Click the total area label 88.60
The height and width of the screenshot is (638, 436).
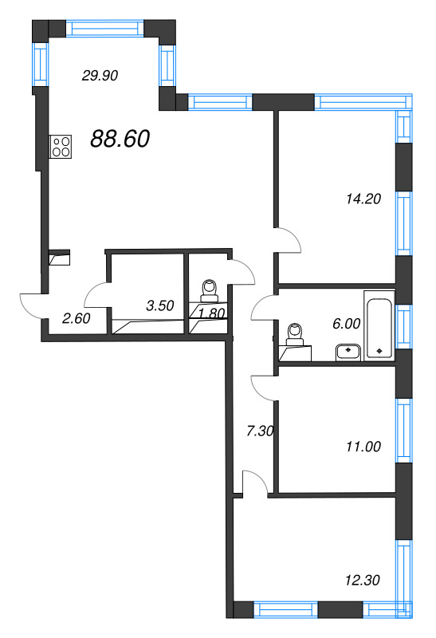pos(120,139)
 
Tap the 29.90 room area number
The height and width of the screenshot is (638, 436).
pos(100,76)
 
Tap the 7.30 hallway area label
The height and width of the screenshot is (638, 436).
pos(261,431)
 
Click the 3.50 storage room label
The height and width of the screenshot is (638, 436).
pos(160,305)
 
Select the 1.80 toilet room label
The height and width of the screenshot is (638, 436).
pos(210,313)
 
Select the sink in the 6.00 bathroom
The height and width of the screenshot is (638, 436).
pos(348,350)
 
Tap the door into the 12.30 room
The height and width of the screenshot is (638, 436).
pos(253,483)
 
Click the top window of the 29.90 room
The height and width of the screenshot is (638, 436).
pos(103,29)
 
